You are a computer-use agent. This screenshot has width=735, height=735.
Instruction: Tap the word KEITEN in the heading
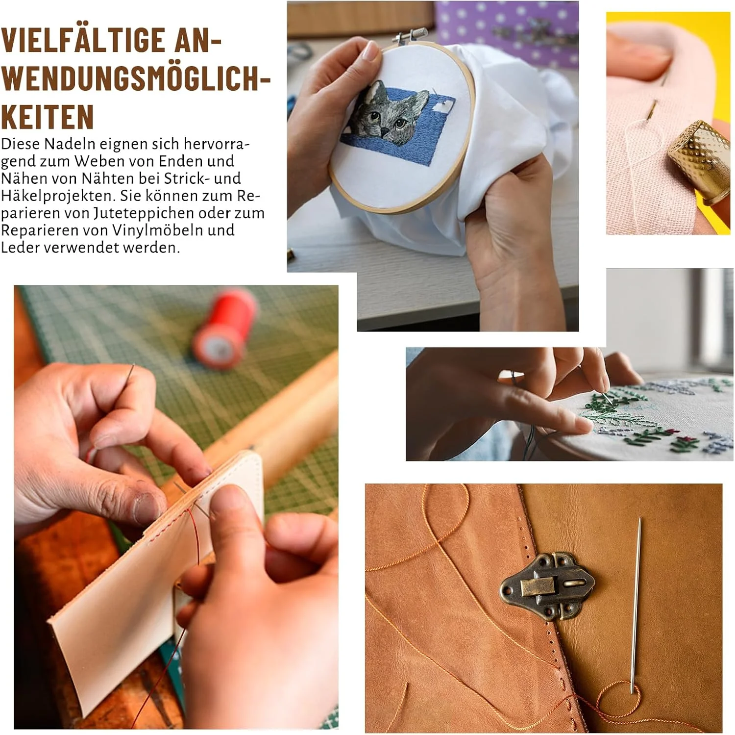point(48,116)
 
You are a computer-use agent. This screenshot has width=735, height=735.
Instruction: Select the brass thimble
point(700,162)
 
